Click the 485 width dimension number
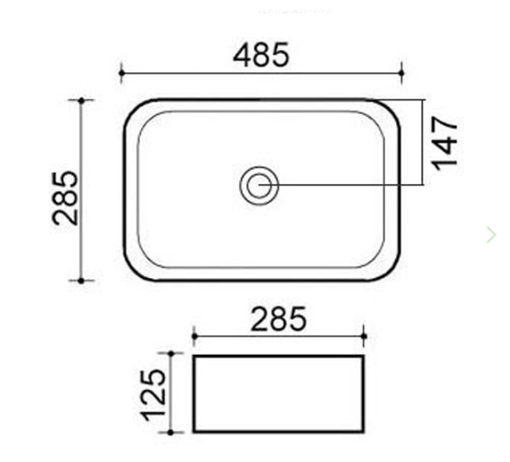[x=261, y=54]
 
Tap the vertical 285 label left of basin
[x=65, y=197]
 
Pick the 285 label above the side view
[x=279, y=319]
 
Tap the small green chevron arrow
[x=490, y=233]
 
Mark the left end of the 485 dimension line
[x=121, y=71]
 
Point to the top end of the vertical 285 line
[x=82, y=99]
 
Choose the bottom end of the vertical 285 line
[x=82, y=281]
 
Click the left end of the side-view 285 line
[x=193, y=334]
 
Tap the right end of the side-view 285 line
[x=364, y=334]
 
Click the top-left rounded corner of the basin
[x=132, y=107]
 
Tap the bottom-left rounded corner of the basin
[x=132, y=271]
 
